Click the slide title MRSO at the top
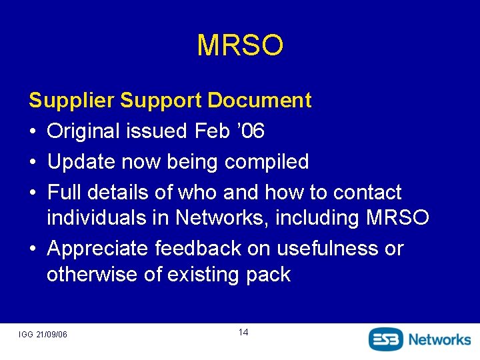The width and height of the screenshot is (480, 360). [x=240, y=45]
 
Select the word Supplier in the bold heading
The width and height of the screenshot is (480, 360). [x=71, y=101]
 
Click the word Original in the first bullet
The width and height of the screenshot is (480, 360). [x=84, y=131]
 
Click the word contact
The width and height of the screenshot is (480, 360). [x=367, y=193]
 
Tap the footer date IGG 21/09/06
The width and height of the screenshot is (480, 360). [x=43, y=333]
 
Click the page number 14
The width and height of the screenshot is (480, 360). [x=243, y=332]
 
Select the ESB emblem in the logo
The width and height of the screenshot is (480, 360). [x=386, y=339]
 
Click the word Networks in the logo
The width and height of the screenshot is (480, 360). [x=439, y=339]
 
